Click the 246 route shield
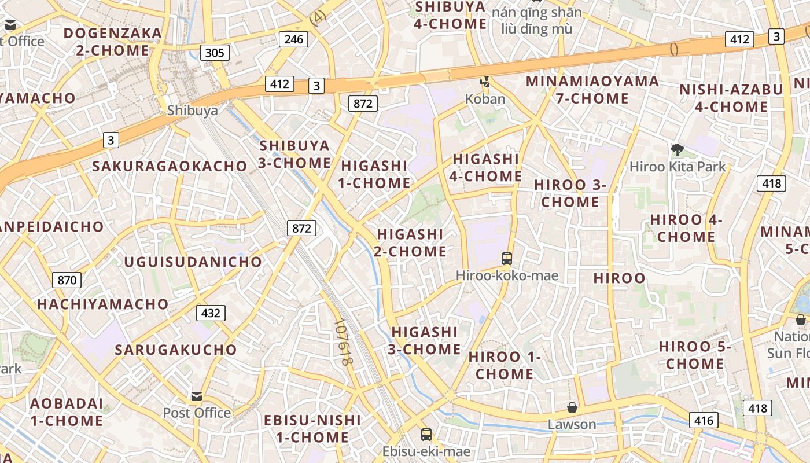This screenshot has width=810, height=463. [293, 39]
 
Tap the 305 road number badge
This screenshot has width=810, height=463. [215, 53]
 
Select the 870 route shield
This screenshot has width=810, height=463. [67, 281]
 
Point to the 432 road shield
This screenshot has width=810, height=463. [211, 313]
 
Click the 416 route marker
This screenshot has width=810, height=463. [704, 420]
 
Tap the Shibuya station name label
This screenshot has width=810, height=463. [193, 111]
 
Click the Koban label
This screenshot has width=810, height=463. [485, 99]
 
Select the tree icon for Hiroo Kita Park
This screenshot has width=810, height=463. [678, 150]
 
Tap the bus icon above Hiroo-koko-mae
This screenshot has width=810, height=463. [507, 258]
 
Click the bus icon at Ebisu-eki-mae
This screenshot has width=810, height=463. [426, 434]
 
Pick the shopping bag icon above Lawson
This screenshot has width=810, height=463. [572, 407]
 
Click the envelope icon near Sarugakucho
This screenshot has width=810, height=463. [197, 396]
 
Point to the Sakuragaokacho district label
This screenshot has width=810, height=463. [170, 166]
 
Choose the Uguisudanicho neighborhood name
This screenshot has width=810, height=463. [193, 262]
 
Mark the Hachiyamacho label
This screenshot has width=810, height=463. [103, 304]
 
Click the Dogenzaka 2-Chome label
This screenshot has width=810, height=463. [113, 42]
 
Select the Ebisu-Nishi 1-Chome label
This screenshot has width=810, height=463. [312, 429]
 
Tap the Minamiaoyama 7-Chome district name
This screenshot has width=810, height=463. [592, 90]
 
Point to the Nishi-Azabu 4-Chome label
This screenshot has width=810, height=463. [731, 98]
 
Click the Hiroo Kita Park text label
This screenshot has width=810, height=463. [678, 167]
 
